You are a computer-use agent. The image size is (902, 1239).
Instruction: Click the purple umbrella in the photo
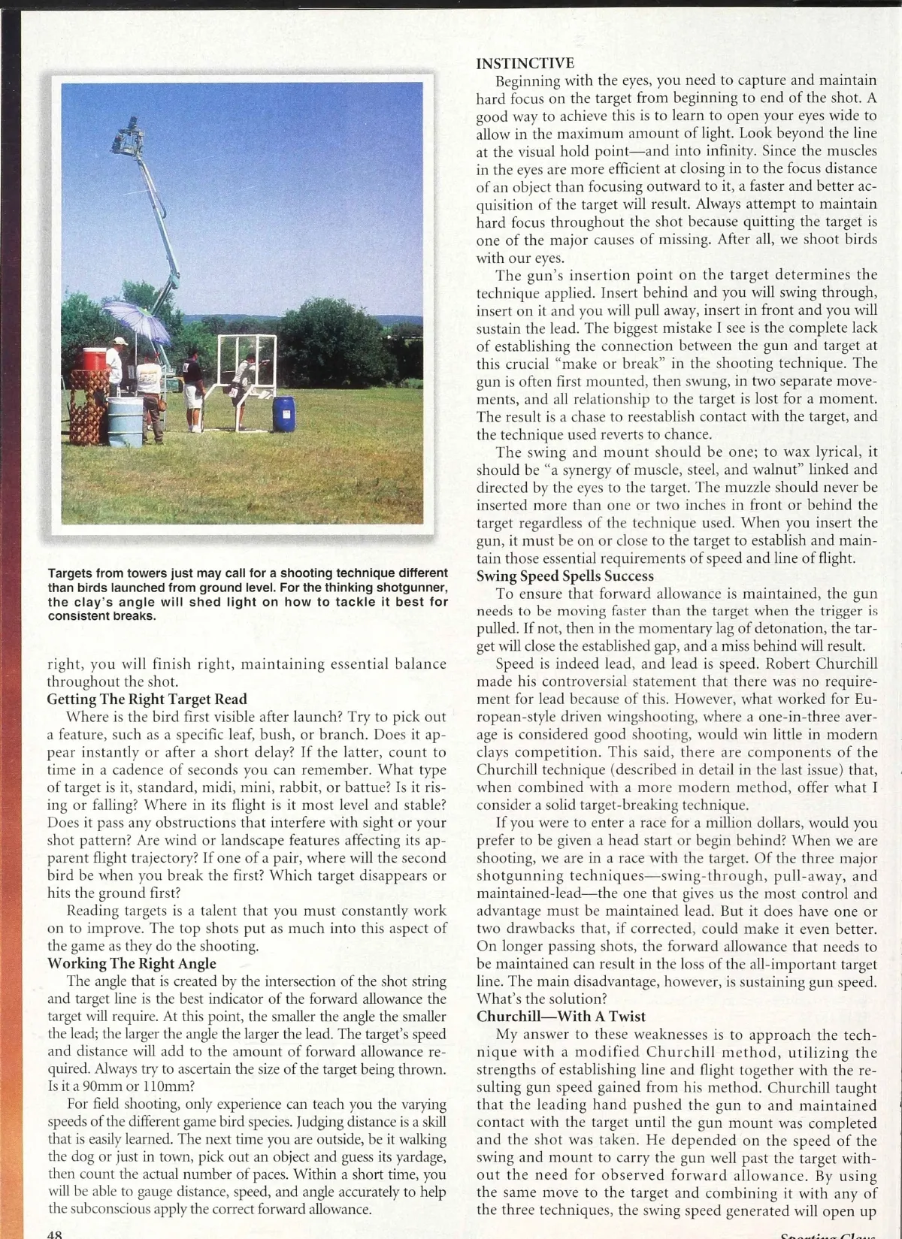coord(136,319)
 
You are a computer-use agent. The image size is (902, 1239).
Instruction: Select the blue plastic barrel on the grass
coord(283,413)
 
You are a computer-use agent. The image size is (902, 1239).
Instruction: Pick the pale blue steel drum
coord(124,422)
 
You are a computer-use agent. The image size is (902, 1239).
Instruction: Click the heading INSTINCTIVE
coord(525,63)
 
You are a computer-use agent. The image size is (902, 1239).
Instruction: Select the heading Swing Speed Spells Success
coord(565,576)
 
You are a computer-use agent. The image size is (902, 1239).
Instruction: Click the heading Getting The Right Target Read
coord(147,700)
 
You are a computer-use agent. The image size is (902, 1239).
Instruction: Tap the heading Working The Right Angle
coord(132,963)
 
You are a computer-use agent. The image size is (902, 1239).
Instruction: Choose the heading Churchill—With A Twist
coord(561,1017)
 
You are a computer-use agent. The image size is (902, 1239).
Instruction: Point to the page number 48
coord(54,1234)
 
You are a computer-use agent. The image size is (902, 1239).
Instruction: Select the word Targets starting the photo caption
coord(71,573)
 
